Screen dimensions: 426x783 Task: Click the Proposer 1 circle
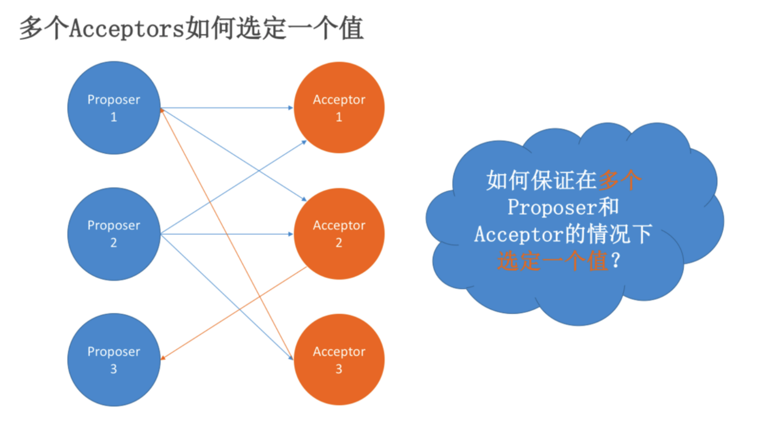tap(114, 108)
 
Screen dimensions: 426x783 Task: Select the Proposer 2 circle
tap(114, 234)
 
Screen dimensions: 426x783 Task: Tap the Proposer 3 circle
tap(114, 360)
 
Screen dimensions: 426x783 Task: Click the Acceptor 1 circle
tap(339, 108)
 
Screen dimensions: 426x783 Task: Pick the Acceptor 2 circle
tap(339, 234)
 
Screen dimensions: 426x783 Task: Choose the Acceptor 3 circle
tap(339, 360)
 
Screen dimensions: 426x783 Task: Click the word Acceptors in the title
tap(127, 29)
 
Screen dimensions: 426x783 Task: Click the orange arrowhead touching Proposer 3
tap(163, 358)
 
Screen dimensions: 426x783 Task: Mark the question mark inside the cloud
tap(616, 260)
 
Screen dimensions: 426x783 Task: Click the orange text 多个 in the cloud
tap(619, 180)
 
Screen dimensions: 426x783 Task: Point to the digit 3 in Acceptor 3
tap(339, 369)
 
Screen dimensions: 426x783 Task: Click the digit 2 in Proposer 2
tap(114, 243)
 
